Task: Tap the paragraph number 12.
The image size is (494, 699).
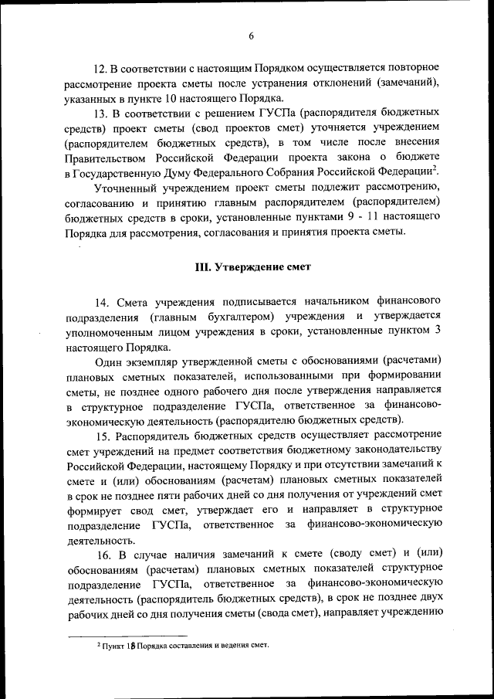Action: pyautogui.click(x=100, y=67)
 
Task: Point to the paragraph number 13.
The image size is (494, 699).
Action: pyautogui.click(x=100, y=113)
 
